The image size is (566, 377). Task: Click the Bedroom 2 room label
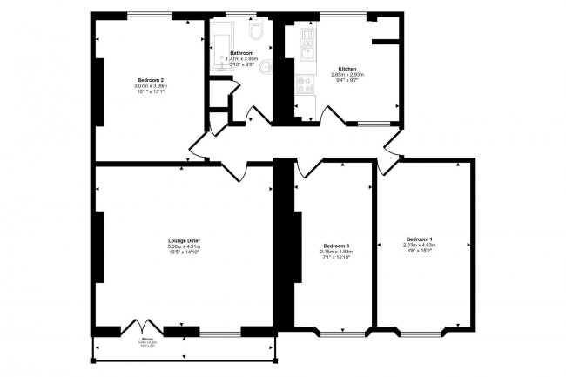151,79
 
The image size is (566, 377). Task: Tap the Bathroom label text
241,52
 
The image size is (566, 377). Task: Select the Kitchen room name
347,69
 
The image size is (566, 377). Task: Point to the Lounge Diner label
184,239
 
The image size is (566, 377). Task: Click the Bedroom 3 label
335,246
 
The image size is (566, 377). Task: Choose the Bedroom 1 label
419,239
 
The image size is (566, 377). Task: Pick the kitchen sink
307,42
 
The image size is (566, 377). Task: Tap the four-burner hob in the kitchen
306,84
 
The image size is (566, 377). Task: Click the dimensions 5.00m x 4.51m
184,246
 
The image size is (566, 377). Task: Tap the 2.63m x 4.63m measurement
419,246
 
